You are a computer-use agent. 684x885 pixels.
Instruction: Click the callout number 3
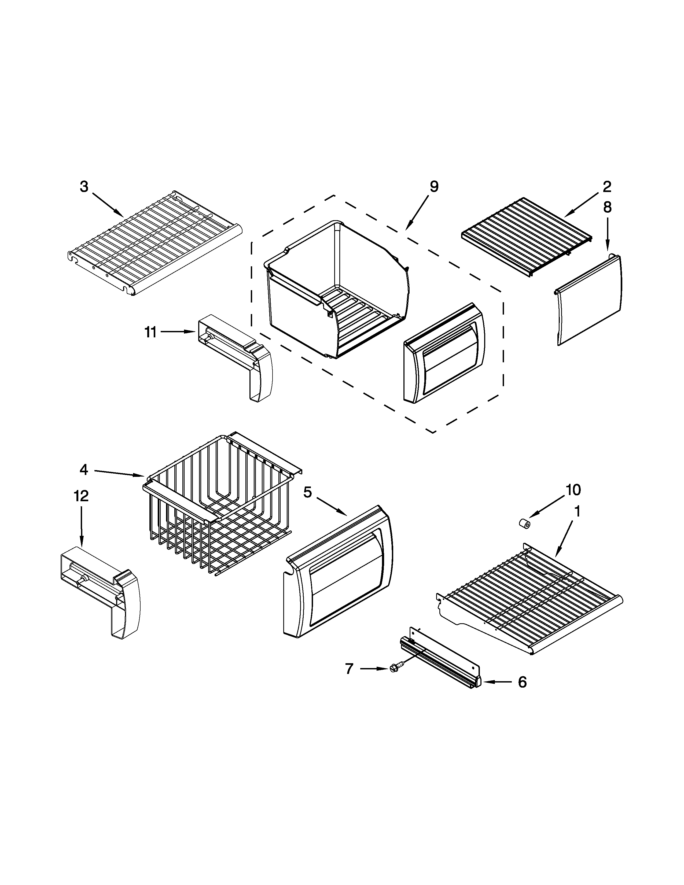(x=84, y=187)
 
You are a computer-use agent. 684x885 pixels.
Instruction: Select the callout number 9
(x=433, y=187)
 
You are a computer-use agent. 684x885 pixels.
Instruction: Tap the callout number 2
(x=606, y=187)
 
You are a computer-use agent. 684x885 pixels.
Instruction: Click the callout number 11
(x=150, y=332)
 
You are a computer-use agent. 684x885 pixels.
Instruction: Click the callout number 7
(x=349, y=669)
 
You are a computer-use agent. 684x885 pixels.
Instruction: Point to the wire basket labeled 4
(x=219, y=507)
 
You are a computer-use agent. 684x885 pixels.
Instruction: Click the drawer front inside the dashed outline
(x=444, y=353)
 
